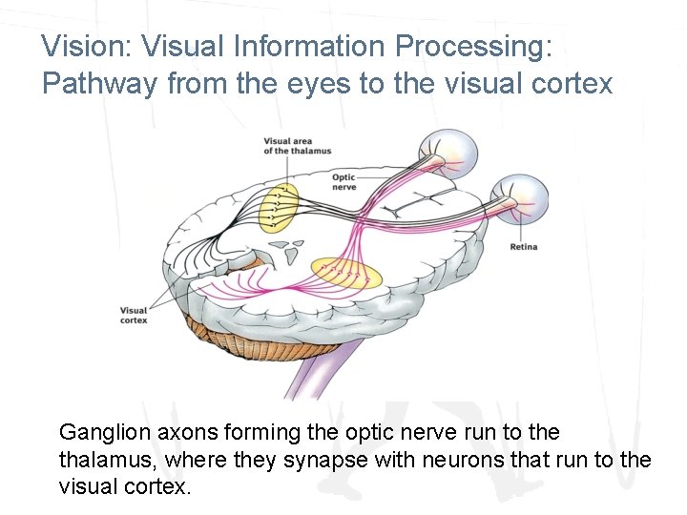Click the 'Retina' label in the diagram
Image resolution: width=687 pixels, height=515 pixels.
pos(523,247)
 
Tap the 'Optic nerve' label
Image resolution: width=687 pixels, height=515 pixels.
pos(343,182)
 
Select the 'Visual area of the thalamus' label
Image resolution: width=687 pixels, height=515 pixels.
pos(298,146)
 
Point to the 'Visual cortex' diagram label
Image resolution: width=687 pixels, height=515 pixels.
pos(134,315)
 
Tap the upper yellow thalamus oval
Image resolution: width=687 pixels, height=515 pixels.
pos(280,206)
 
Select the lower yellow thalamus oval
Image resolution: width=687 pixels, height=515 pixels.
pos(347,275)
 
